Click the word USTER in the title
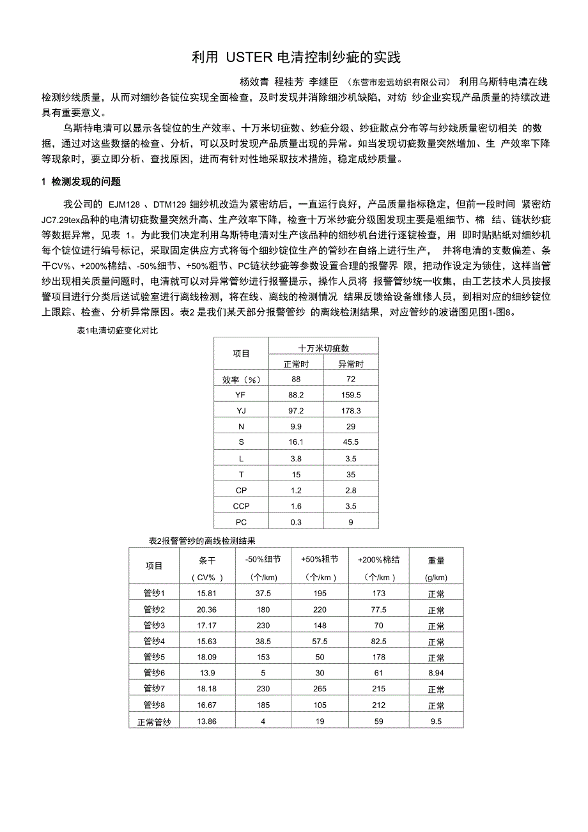tap(249, 58)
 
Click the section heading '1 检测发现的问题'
tap(81, 182)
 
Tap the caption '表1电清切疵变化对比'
tap(116, 330)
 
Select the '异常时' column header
tap(350, 364)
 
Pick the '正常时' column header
tap(296, 364)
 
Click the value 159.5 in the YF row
tap(350, 395)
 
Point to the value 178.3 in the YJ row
tap(350, 410)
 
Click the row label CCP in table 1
tap(241, 506)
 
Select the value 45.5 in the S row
tap(350, 442)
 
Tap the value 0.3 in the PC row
tap(296, 522)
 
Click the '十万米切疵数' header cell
tap(323, 348)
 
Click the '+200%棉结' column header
tap(378, 560)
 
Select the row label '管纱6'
tap(154, 673)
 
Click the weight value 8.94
tap(436, 673)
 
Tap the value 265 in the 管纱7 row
tap(320, 689)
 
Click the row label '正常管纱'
tap(154, 721)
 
